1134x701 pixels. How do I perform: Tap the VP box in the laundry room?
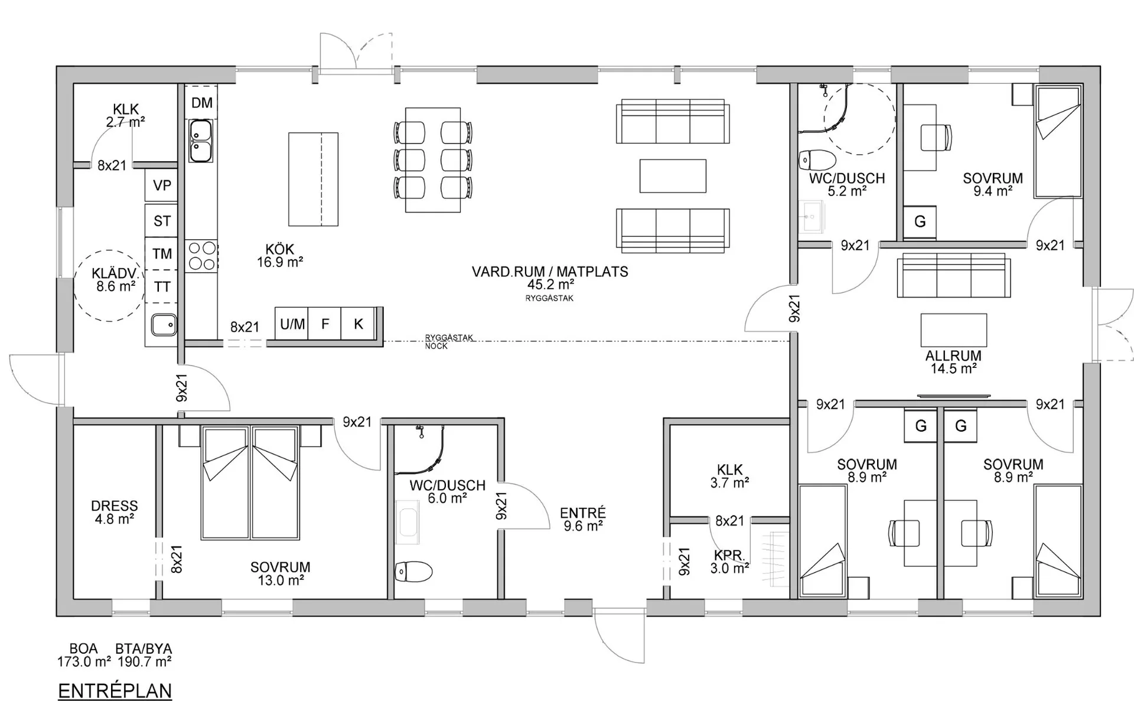pyautogui.click(x=161, y=185)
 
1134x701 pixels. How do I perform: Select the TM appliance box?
pyautogui.click(x=161, y=253)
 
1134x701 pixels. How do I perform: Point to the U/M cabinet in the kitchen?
pyautogui.click(x=292, y=324)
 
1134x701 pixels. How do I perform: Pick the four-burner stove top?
pyautogui.click(x=201, y=256)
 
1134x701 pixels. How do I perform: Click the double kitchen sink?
pyautogui.click(x=201, y=141)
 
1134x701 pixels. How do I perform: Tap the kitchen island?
pyautogui.click(x=313, y=179)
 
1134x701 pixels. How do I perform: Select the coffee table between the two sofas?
pyautogui.click(x=673, y=176)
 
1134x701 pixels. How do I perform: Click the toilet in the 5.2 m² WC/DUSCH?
pyautogui.click(x=817, y=159)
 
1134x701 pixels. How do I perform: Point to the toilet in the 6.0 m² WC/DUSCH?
pyautogui.click(x=413, y=571)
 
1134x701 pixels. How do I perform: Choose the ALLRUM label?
pyautogui.click(x=953, y=356)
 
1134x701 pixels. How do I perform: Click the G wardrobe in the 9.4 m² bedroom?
pyautogui.click(x=920, y=222)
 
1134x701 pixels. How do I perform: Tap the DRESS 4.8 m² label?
pyautogui.click(x=115, y=512)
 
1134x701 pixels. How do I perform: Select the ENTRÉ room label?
pyautogui.click(x=583, y=513)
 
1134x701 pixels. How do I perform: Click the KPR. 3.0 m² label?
pyautogui.click(x=730, y=562)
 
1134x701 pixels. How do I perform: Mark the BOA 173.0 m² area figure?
pyautogui.click(x=84, y=656)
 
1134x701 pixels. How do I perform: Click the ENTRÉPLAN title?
pyautogui.click(x=115, y=690)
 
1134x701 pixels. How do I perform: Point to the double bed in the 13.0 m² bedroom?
pyautogui.click(x=249, y=483)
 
